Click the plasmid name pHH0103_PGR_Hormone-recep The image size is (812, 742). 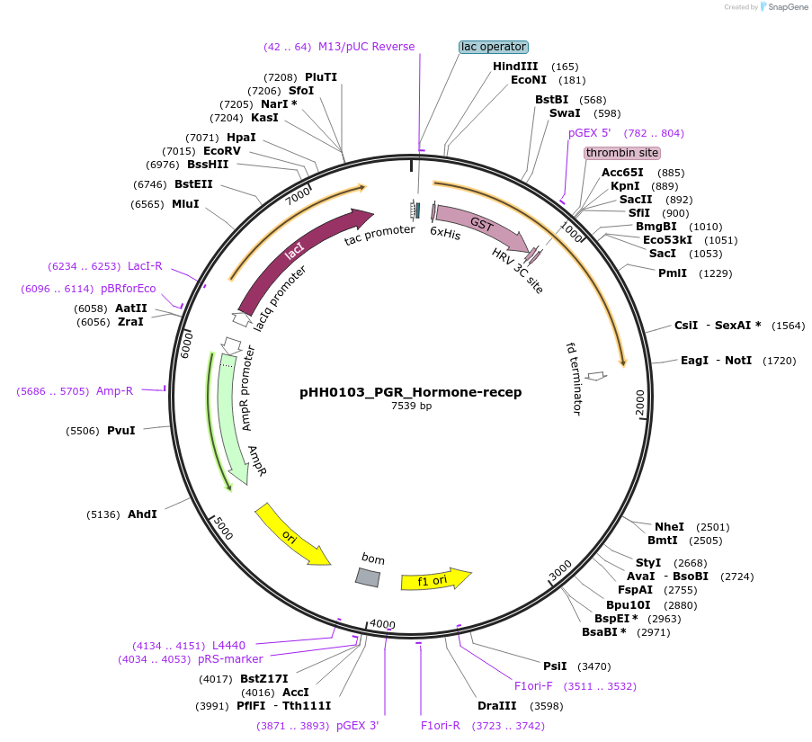410,392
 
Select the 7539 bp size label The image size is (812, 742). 411,407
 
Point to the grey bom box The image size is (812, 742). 367,577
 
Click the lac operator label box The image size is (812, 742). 493,47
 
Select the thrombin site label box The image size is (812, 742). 621,153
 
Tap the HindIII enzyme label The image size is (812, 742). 515,67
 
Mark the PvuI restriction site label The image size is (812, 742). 121,431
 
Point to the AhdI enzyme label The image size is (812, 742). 142,514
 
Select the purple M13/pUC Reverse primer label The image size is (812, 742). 366,47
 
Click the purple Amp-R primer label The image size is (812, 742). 114,391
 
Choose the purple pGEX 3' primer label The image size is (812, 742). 357,726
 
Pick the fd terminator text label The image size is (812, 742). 574,378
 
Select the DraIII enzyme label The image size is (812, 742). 495,706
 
